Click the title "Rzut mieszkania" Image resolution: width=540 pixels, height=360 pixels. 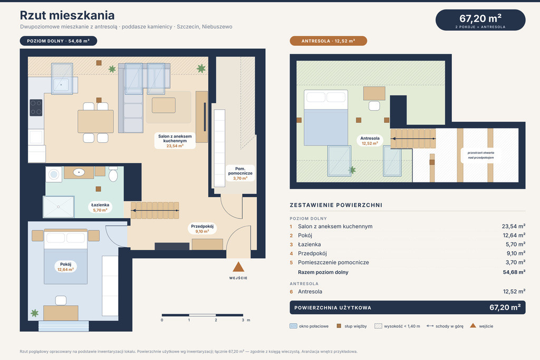pos(67,15)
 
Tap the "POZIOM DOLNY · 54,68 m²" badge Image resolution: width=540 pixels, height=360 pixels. pos(59,41)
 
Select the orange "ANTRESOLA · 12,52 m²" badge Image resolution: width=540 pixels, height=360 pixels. pos(328,41)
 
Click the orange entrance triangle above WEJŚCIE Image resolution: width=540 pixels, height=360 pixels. pos(238,267)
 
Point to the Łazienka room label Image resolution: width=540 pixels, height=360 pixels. pos(100,207)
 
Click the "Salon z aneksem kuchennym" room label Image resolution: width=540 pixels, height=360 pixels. pos(175,141)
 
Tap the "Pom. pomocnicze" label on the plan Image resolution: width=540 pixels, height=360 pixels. pos(240,173)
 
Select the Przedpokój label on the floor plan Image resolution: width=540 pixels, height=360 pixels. pos(202,229)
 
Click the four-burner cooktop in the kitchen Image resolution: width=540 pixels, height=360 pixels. pos(36,108)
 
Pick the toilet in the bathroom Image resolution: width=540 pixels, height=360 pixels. pos(113,174)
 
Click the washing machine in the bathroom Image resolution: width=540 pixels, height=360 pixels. pos(54,174)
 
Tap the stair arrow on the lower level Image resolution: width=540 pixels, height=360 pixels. pos(156,210)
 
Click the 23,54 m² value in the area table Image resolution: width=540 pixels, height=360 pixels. pos(514,227)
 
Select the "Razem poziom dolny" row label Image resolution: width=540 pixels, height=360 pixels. pos(323,272)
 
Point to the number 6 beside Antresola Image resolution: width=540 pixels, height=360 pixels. pos(291,292)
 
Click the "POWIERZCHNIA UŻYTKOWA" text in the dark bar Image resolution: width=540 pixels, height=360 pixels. pos(333,308)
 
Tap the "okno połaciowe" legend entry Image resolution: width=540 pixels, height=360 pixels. pos(309,326)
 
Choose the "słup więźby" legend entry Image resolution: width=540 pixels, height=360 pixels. pos(352,326)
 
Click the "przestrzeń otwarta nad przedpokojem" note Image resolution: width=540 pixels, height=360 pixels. pos(481,155)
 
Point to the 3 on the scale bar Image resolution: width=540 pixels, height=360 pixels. pos(243,320)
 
